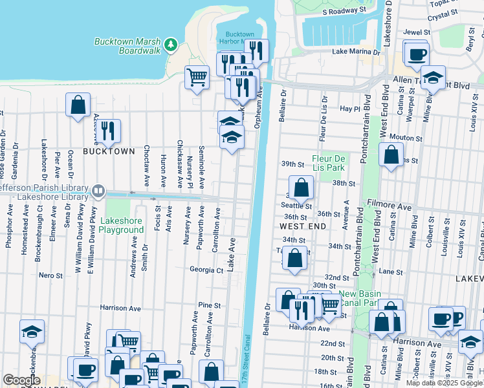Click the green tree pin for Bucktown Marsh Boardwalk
[x=170, y=44]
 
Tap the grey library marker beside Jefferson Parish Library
[x=98, y=191]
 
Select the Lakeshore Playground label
[x=121, y=225]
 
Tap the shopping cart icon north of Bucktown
[x=197, y=78]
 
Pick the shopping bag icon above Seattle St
[x=302, y=188]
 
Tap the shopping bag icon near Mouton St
[x=391, y=155]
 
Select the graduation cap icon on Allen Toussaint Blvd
[x=434, y=77]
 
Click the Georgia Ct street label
[x=206, y=269]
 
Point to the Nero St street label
[x=50, y=275]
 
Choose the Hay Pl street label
[x=349, y=109]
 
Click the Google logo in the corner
[x=21, y=380]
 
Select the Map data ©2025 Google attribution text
[x=445, y=383]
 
